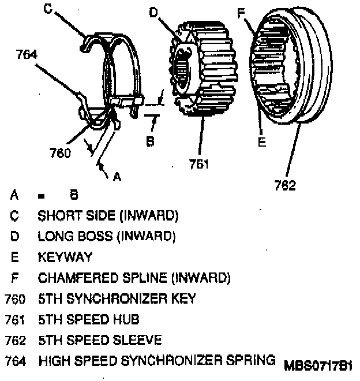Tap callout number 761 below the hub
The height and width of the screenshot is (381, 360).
[199, 165]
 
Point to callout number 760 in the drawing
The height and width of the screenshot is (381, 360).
[61, 153]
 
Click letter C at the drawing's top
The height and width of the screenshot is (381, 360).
[48, 8]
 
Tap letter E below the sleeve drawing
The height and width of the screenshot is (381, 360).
[261, 141]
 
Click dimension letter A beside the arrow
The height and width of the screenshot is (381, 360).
[117, 177]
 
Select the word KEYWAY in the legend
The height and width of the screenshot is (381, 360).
[65, 257]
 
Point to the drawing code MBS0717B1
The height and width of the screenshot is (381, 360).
[317, 366]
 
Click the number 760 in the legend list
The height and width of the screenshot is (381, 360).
[15, 299]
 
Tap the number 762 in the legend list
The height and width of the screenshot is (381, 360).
[15, 340]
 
